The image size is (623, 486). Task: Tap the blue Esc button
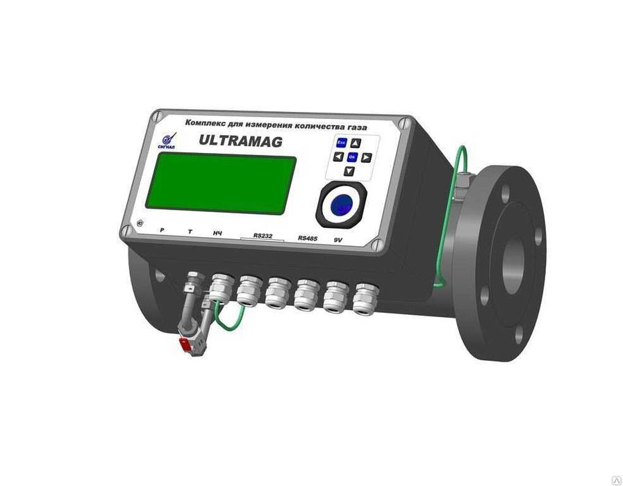click(x=340, y=142)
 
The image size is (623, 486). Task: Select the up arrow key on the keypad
click(x=355, y=143)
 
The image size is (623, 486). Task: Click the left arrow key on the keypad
click(x=338, y=157)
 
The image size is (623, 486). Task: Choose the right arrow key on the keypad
click(x=367, y=158)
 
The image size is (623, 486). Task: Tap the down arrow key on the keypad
click(x=350, y=171)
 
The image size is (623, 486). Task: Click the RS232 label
click(x=264, y=235)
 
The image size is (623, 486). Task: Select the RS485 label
click(x=308, y=238)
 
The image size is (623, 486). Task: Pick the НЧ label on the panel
click(x=217, y=233)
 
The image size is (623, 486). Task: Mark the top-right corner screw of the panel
click(x=403, y=125)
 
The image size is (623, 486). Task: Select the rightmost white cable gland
click(x=361, y=297)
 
